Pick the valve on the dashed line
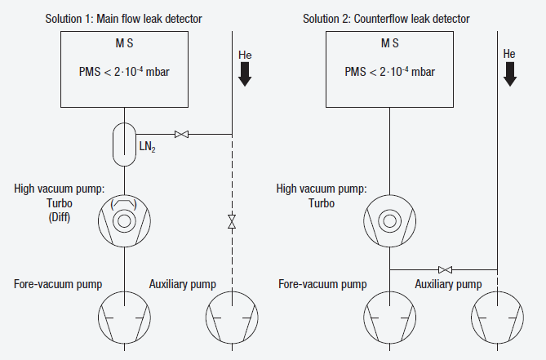[x=232, y=221]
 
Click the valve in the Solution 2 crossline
[x=446, y=269]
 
